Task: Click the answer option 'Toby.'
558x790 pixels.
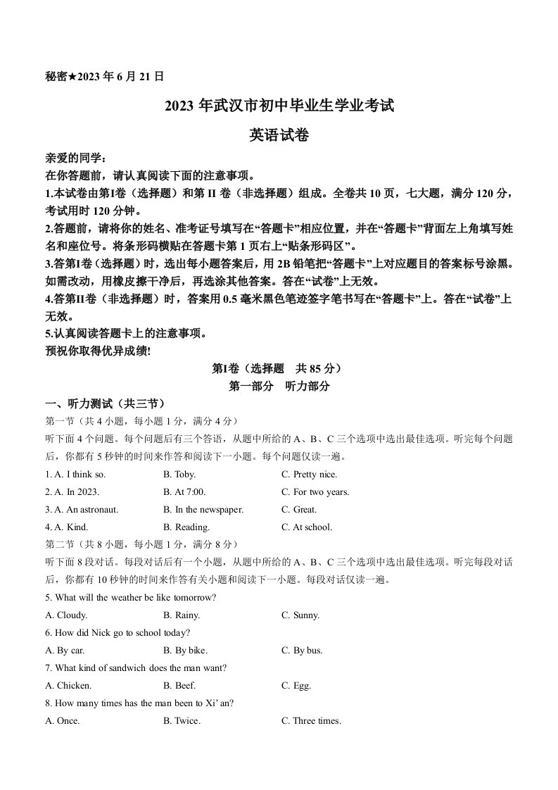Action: [179, 475]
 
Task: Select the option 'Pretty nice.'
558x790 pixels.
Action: [309, 475]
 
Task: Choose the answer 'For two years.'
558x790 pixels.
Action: [315, 492]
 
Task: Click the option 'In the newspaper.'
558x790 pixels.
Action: [203, 510]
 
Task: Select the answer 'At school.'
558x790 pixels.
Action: [307, 527]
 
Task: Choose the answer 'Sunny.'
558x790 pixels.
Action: [300, 615]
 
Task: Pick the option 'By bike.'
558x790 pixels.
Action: [185, 651]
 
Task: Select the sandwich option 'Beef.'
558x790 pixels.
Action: [179, 686]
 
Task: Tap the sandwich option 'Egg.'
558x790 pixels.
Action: [296, 686]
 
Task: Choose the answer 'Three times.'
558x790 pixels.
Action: [311, 721]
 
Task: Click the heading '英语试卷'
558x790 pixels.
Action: [279, 136]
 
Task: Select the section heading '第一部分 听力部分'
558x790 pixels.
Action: [279, 386]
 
